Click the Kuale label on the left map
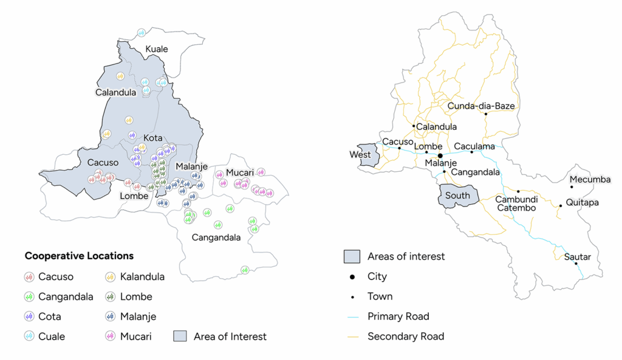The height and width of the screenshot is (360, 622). tap(156, 49)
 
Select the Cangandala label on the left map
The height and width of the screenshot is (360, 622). tap(216, 237)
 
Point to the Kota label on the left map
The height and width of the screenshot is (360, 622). tap(152, 138)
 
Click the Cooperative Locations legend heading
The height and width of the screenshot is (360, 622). tap(79, 256)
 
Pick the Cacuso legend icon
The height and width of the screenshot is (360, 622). tap(29, 277)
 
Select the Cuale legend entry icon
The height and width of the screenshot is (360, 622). tap(29, 336)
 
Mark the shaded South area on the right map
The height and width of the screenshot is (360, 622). tap(457, 196)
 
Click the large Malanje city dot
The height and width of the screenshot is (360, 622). tap(440, 155)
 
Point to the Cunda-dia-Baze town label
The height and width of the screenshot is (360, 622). tap(481, 106)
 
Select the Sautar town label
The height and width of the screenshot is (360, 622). tap(577, 257)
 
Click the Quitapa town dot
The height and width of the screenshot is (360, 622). tap(560, 206)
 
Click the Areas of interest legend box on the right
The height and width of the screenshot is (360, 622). tap(352, 256)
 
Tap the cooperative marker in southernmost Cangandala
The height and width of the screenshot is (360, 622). tap(245, 270)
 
